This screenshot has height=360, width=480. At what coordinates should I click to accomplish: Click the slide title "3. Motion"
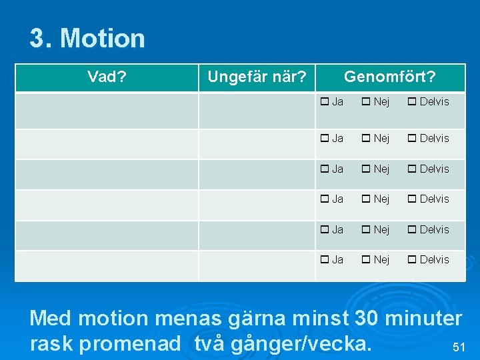coord(87,39)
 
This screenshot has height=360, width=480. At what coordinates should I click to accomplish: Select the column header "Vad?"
coord(107,77)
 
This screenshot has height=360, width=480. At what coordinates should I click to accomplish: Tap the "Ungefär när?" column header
coord(257,77)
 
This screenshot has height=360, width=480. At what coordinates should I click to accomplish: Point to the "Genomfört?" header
coord(389,77)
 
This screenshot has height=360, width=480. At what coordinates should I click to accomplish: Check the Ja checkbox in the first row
coord(325,102)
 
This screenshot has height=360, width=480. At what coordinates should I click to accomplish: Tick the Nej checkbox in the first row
coord(366,102)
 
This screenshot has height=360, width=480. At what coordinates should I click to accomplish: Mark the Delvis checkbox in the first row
coord(412,102)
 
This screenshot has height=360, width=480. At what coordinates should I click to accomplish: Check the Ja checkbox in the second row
coord(325,139)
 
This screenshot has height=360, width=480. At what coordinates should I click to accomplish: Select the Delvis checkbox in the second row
coord(412,139)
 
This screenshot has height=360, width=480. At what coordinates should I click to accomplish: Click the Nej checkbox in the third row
coord(366,169)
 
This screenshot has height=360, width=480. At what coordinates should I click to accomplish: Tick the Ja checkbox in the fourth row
coord(325,199)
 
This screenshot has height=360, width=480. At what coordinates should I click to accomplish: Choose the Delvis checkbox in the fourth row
coord(412,199)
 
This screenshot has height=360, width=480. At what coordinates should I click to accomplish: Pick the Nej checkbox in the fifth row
coord(366,230)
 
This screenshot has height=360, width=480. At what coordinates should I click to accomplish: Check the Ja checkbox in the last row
coord(325,260)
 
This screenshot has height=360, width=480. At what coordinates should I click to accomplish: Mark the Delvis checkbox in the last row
coord(412,260)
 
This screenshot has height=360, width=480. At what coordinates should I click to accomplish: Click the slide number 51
coord(458,347)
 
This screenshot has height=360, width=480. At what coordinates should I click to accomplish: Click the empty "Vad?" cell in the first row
coord(107,110)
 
